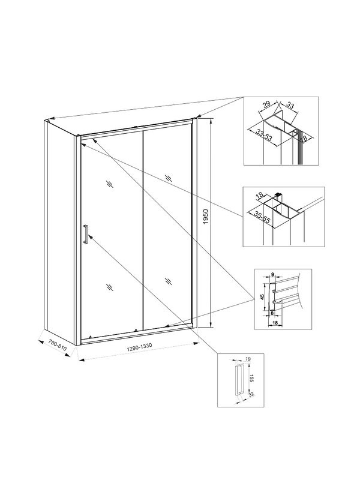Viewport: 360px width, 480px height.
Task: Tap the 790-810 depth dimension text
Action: tap(58, 347)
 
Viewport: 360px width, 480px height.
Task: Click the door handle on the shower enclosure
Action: tap(86, 234)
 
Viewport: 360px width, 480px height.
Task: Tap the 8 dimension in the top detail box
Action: tap(305, 137)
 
